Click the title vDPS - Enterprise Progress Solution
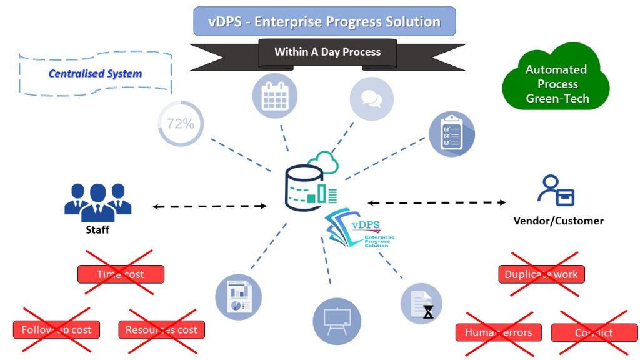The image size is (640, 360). click(324, 22)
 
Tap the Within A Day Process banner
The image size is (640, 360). click(327, 52)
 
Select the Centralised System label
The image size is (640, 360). click(95, 74)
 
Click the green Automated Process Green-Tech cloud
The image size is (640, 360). click(556, 84)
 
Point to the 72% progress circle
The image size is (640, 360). click(180, 124)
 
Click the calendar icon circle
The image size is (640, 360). click(274, 97)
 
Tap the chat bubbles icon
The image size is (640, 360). click(371, 99)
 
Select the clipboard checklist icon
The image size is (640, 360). click(452, 134)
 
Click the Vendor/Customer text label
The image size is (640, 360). click(558, 221)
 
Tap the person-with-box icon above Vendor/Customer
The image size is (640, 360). click(556, 191)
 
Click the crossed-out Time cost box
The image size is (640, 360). click(121, 274)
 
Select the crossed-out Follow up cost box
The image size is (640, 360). click(56, 330)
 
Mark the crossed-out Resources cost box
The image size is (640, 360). click(161, 330)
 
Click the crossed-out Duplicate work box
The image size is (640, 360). click(541, 274)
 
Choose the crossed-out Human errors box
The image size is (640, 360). click(498, 332)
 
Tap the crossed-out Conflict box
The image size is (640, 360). click(594, 332)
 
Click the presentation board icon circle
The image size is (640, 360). click(337, 321)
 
